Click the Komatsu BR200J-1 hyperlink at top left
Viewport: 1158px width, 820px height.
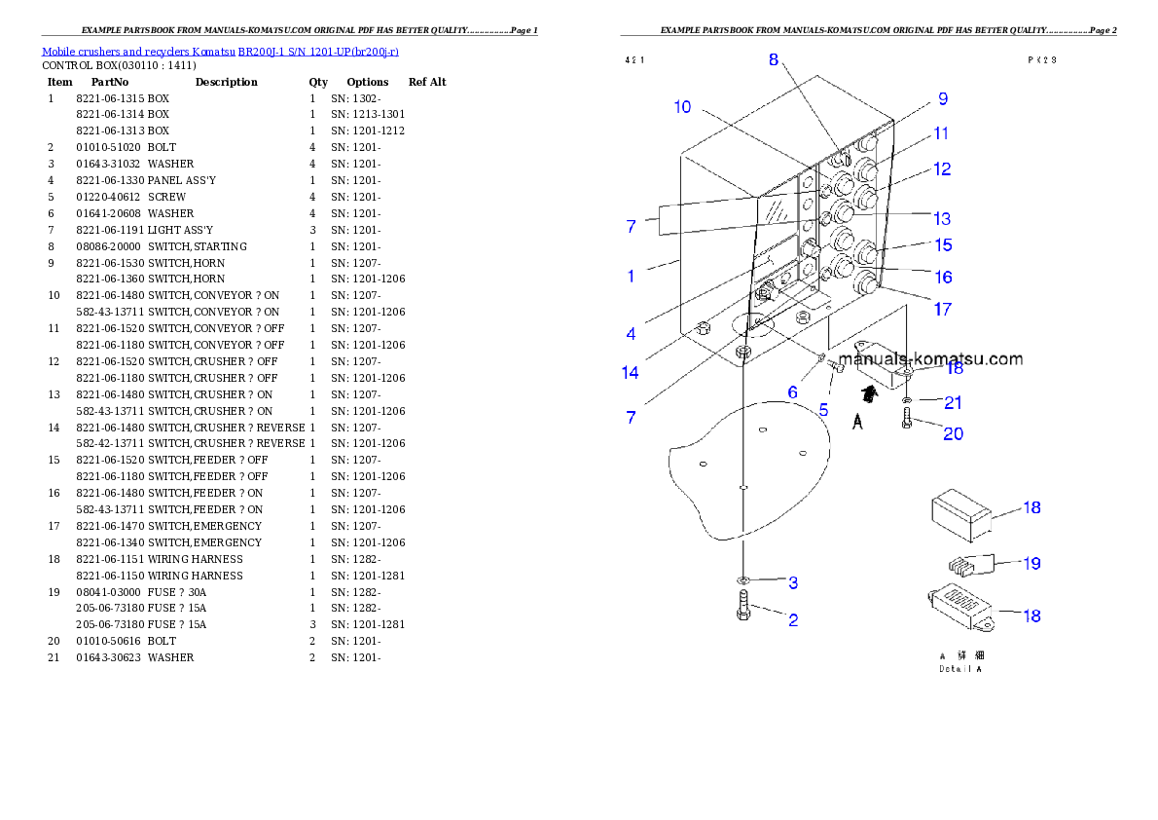(220, 52)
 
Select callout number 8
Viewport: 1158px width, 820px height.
(774, 58)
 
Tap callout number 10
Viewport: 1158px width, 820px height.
(682, 107)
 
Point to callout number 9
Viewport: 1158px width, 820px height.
(942, 98)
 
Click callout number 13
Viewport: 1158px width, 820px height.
(942, 219)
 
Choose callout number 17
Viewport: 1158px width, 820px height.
(942, 310)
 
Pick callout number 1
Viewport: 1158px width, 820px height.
(631, 276)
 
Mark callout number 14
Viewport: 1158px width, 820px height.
(631, 372)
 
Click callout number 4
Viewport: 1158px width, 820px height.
(631, 334)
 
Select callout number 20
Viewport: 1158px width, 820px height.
(953, 433)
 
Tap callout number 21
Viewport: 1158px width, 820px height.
(953, 402)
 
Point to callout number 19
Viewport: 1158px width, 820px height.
(1031, 563)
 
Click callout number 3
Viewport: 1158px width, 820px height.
(793, 583)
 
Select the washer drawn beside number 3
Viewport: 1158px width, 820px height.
(742, 580)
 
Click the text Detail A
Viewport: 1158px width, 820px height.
(960, 669)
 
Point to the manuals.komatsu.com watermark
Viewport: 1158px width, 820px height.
(930, 359)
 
